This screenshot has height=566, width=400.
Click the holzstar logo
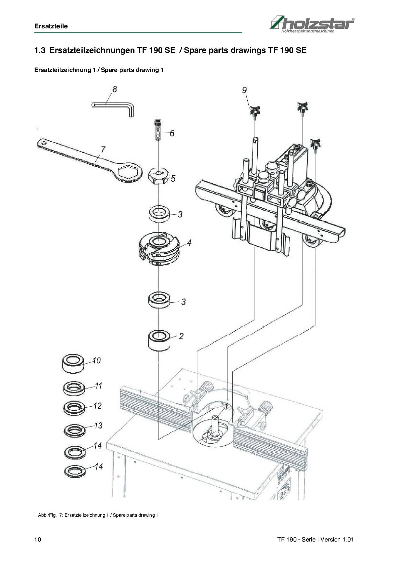[x=312, y=24]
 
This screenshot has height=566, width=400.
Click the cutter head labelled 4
[x=158, y=248]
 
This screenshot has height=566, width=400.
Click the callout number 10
[x=96, y=360]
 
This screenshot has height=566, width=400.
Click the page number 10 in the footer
[x=38, y=540]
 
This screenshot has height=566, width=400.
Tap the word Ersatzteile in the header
[x=51, y=26]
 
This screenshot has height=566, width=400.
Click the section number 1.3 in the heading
[x=40, y=50]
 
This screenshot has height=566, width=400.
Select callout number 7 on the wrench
[x=103, y=149]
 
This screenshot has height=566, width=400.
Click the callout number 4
[x=189, y=242]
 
